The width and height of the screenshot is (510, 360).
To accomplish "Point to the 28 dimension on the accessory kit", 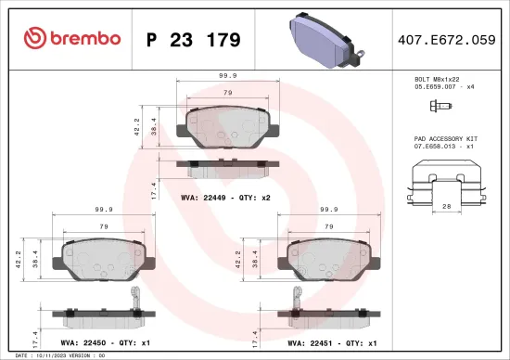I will click(446, 209).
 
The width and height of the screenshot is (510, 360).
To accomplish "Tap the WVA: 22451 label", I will click(309, 341).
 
